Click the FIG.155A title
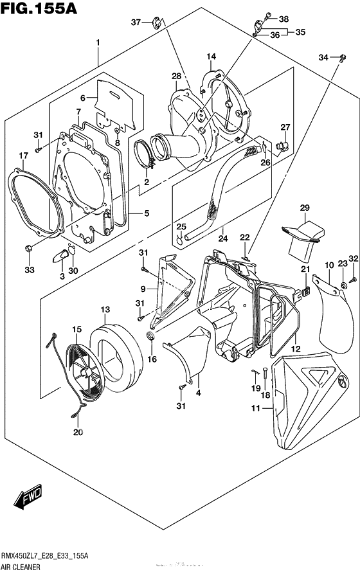tap(39, 8)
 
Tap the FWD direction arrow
tap(28, 497)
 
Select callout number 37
tap(136, 22)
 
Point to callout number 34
tap(323, 57)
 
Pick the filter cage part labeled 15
tap(85, 370)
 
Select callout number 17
tap(23, 156)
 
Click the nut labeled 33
tap(28, 248)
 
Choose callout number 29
tap(305, 208)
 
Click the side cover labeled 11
tap(310, 400)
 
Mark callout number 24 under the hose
tap(223, 238)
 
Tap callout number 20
tap(78, 433)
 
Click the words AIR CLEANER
tap(20, 568)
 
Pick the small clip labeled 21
tap(307, 291)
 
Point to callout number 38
tap(283, 19)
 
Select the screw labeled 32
tap(354, 280)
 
